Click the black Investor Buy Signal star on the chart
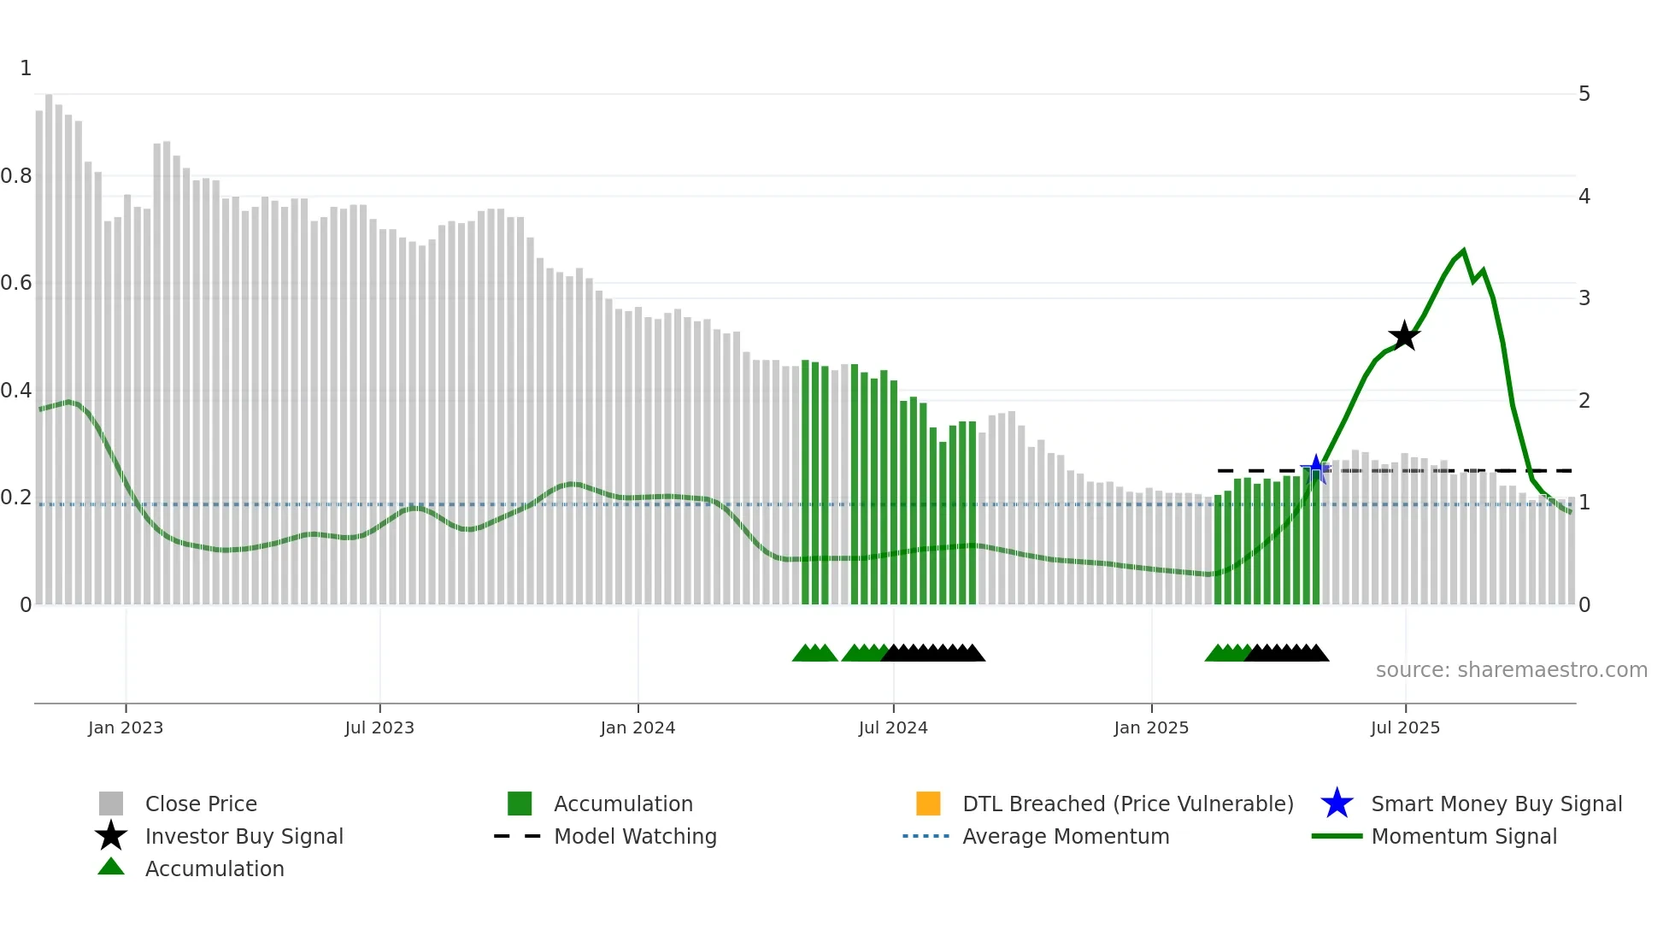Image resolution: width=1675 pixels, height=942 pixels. (x=1404, y=337)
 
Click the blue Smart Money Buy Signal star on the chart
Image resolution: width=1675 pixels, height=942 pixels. (x=1316, y=468)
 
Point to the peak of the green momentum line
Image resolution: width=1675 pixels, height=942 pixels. (x=1464, y=251)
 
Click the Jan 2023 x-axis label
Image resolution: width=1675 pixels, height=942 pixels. (x=126, y=727)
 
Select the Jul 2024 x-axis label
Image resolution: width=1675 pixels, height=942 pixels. (x=893, y=727)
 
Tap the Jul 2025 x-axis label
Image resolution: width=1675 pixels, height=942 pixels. (x=1405, y=727)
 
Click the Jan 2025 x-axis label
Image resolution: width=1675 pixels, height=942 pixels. (x=1151, y=727)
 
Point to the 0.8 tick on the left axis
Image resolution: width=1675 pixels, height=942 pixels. (x=16, y=176)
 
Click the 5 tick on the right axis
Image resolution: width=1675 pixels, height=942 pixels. (x=1584, y=94)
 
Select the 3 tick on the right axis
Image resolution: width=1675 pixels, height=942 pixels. (x=1584, y=298)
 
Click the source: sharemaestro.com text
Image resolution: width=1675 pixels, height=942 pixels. (x=1511, y=669)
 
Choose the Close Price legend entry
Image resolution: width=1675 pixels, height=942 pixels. (x=201, y=804)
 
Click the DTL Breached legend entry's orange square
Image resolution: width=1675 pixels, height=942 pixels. (x=928, y=804)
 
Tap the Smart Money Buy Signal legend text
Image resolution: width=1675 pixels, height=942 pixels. (x=1496, y=804)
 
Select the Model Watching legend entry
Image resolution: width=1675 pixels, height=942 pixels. (x=635, y=836)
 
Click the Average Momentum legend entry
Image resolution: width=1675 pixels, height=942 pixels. (x=1066, y=836)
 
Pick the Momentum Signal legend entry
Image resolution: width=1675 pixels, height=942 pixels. (x=1464, y=836)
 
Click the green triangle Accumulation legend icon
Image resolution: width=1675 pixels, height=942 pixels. (x=111, y=867)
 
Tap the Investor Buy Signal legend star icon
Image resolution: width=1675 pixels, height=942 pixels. (x=111, y=836)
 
